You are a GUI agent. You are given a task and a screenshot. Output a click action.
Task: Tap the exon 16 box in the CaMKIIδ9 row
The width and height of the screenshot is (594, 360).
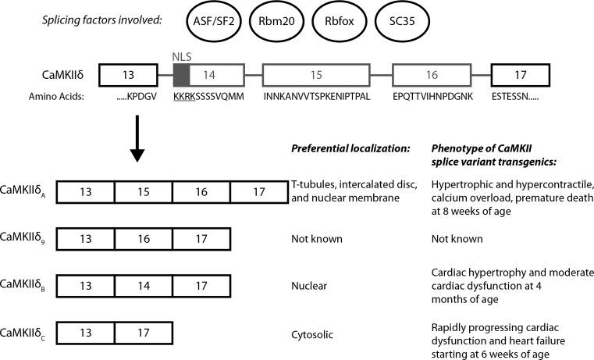click(x=143, y=237)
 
